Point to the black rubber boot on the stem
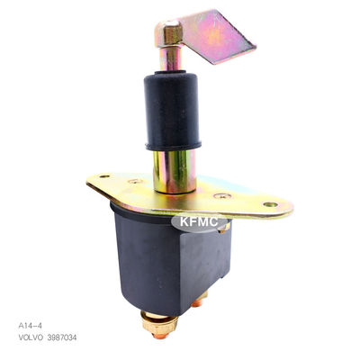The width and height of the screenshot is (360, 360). (x=173, y=110)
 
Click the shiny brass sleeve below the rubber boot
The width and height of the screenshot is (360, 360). (x=175, y=171)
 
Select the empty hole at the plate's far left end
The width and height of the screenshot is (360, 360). (x=104, y=176)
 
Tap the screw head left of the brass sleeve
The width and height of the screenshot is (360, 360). (x=135, y=181)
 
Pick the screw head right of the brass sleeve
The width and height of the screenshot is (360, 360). (x=222, y=196)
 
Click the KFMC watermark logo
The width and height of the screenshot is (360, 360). (x=199, y=222)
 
